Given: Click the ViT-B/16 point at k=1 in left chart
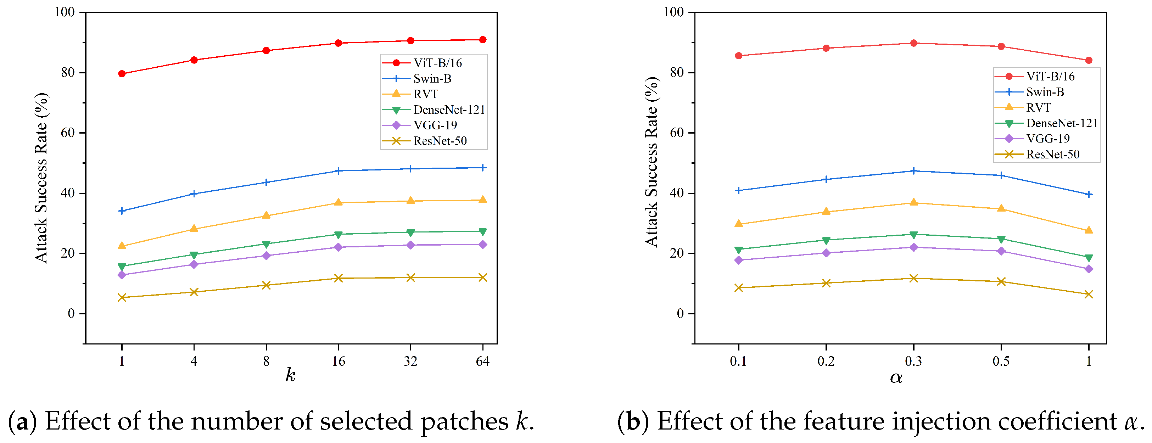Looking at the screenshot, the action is pyautogui.click(x=122, y=74).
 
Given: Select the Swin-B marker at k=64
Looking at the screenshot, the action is pyautogui.click(x=482, y=168).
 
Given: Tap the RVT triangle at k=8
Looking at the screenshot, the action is pyautogui.click(x=266, y=215).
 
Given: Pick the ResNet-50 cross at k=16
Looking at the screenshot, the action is pyautogui.click(x=338, y=278).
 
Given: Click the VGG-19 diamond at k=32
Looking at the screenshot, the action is pyautogui.click(x=410, y=245).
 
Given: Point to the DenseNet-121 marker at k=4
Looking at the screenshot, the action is pyautogui.click(x=194, y=255).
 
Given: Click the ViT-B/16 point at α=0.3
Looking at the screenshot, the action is pyautogui.click(x=914, y=43).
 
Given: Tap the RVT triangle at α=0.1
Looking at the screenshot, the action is pyautogui.click(x=738, y=224).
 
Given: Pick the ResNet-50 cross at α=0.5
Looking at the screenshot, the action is pyautogui.click(x=1001, y=281).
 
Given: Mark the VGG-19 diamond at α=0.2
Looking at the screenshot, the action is pyautogui.click(x=826, y=253).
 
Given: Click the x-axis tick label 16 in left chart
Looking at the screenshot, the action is pyautogui.click(x=339, y=361).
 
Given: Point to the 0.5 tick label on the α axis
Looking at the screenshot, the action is pyautogui.click(x=1001, y=361).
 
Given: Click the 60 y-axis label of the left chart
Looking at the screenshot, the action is pyautogui.click(x=68, y=133).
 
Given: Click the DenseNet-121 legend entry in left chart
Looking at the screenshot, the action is pyautogui.click(x=434, y=110).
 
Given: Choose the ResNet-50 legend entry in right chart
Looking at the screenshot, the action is pyautogui.click(x=1037, y=154).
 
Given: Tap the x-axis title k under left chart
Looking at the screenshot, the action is pyautogui.click(x=291, y=375).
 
